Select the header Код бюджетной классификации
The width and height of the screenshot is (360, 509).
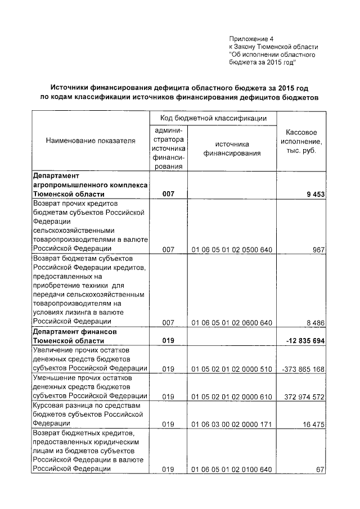(x=213, y=119)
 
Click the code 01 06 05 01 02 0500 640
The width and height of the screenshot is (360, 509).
(x=232, y=249)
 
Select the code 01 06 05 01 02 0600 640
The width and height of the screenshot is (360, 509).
(x=232, y=323)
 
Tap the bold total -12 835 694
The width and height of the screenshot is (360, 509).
(x=304, y=341)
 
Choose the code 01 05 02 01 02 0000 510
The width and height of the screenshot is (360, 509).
(x=232, y=368)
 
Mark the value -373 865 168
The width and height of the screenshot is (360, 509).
(x=303, y=368)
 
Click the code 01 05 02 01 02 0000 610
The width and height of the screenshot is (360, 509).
(x=232, y=397)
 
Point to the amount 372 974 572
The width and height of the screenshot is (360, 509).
(x=304, y=397)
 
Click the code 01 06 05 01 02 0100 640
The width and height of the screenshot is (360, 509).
(x=232, y=470)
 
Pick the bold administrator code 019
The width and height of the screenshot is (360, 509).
(x=168, y=341)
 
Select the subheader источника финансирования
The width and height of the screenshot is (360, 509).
(x=232, y=148)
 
